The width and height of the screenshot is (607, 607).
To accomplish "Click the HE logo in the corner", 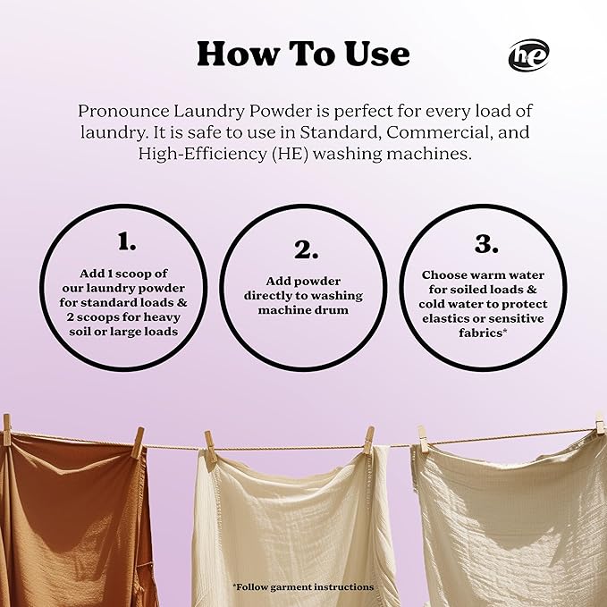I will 528,55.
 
